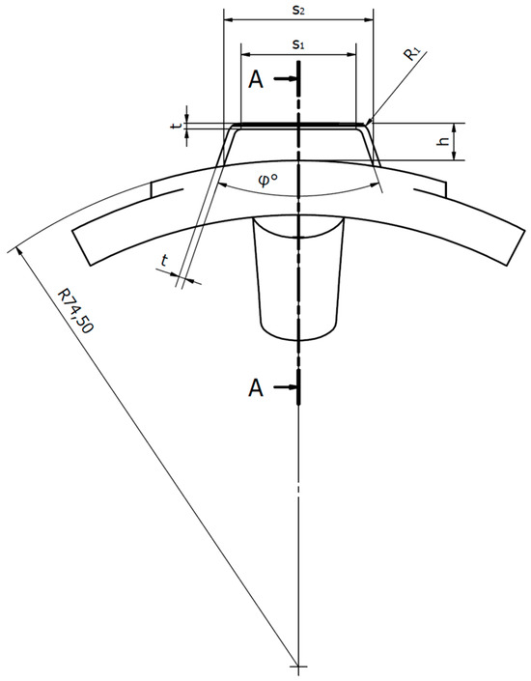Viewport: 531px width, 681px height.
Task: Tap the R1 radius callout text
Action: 413,53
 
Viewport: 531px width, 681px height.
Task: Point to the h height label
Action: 442,141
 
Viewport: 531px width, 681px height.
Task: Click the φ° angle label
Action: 296,178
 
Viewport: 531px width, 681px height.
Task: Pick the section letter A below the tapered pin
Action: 256,388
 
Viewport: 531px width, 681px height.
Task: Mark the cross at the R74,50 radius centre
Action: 299,667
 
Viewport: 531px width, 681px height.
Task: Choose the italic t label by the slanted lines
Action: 165,261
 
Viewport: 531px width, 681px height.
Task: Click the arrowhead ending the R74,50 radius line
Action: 14,250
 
